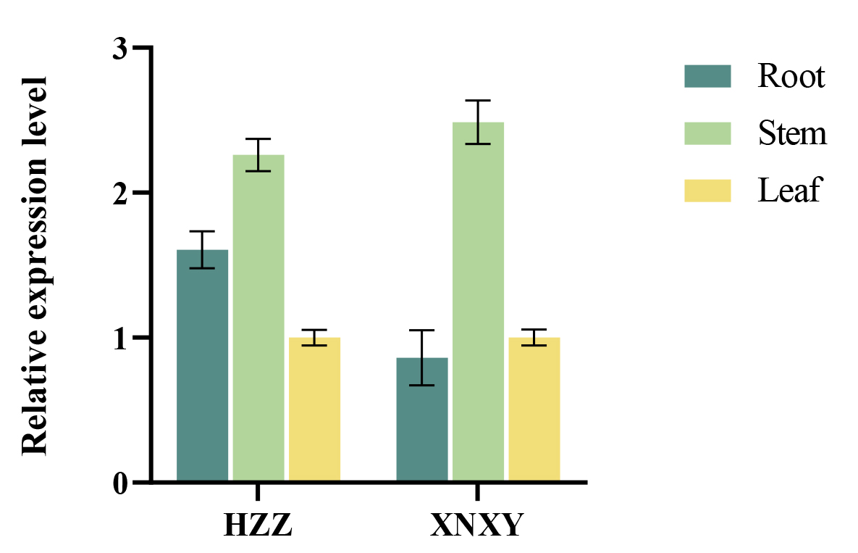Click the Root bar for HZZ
(x=203, y=365)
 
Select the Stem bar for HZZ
(x=258, y=317)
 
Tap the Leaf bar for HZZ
(x=315, y=409)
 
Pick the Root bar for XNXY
(x=422, y=419)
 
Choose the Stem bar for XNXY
(x=479, y=301)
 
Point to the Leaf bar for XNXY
(x=534, y=409)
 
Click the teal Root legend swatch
(x=707, y=76)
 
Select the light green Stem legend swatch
(x=707, y=133)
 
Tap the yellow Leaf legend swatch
(x=707, y=191)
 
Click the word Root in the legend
(x=791, y=76)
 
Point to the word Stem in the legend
(x=792, y=133)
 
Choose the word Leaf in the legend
(x=790, y=190)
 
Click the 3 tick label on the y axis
(x=120, y=49)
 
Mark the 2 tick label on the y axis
(x=120, y=194)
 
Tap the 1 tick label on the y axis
(x=120, y=338)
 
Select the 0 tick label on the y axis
(x=120, y=483)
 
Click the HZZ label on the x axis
(x=258, y=525)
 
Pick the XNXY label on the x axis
(x=477, y=525)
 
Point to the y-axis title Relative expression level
(x=34, y=266)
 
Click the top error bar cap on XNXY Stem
(x=478, y=101)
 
